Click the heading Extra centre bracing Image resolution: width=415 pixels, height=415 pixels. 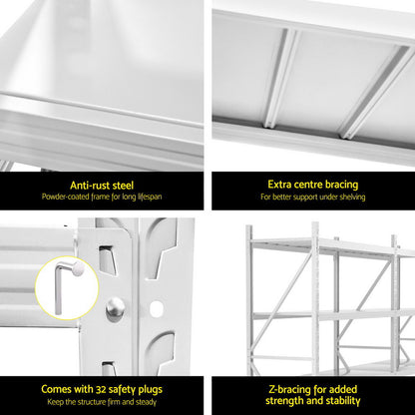[312, 184]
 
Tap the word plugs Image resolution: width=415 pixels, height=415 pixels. [163, 386]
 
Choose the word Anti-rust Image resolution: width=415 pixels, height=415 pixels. [89, 184]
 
